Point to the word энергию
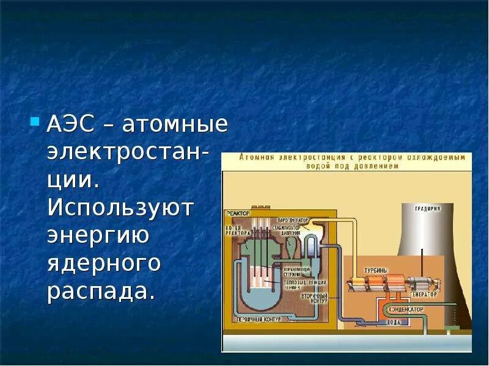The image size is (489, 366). point(98,235)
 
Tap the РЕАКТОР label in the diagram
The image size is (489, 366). point(238,213)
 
